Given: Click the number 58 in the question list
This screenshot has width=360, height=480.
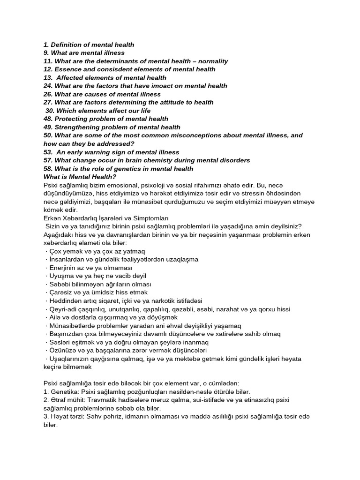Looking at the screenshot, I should [48, 169].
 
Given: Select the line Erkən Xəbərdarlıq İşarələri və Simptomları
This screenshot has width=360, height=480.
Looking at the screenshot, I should [105, 218].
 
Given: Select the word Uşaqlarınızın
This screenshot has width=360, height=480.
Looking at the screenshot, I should [70, 358].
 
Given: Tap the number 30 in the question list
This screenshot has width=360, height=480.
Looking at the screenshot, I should [50, 110].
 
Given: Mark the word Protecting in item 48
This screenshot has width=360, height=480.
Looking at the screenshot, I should [72, 119].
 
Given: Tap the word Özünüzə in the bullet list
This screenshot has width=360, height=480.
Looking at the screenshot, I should [61, 350].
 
